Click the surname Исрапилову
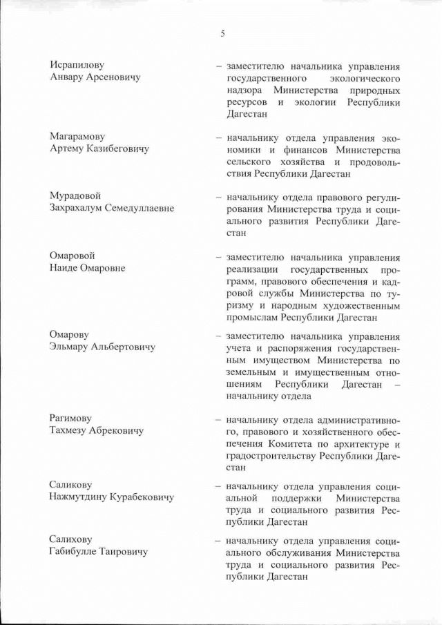(77, 66)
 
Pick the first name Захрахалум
(79, 208)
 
